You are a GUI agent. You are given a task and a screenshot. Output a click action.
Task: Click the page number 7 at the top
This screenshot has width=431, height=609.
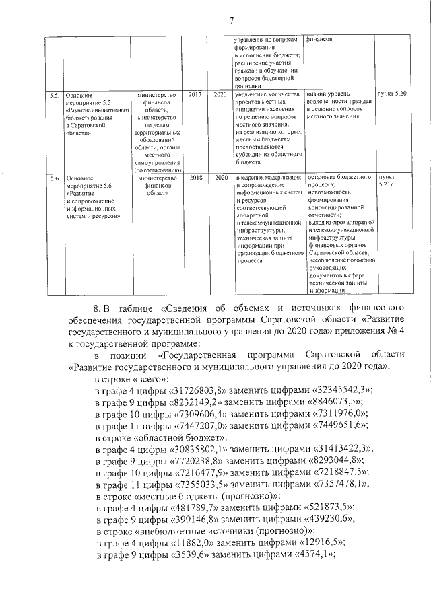coord(231,21)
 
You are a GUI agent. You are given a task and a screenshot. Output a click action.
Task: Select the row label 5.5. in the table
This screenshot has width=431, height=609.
coord(55,95)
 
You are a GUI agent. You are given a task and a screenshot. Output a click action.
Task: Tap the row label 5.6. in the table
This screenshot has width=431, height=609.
coord(55,178)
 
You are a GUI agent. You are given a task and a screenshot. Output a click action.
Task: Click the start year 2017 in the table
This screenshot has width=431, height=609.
coord(195,95)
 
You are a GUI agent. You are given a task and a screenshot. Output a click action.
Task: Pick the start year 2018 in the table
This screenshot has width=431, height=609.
coord(195,178)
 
